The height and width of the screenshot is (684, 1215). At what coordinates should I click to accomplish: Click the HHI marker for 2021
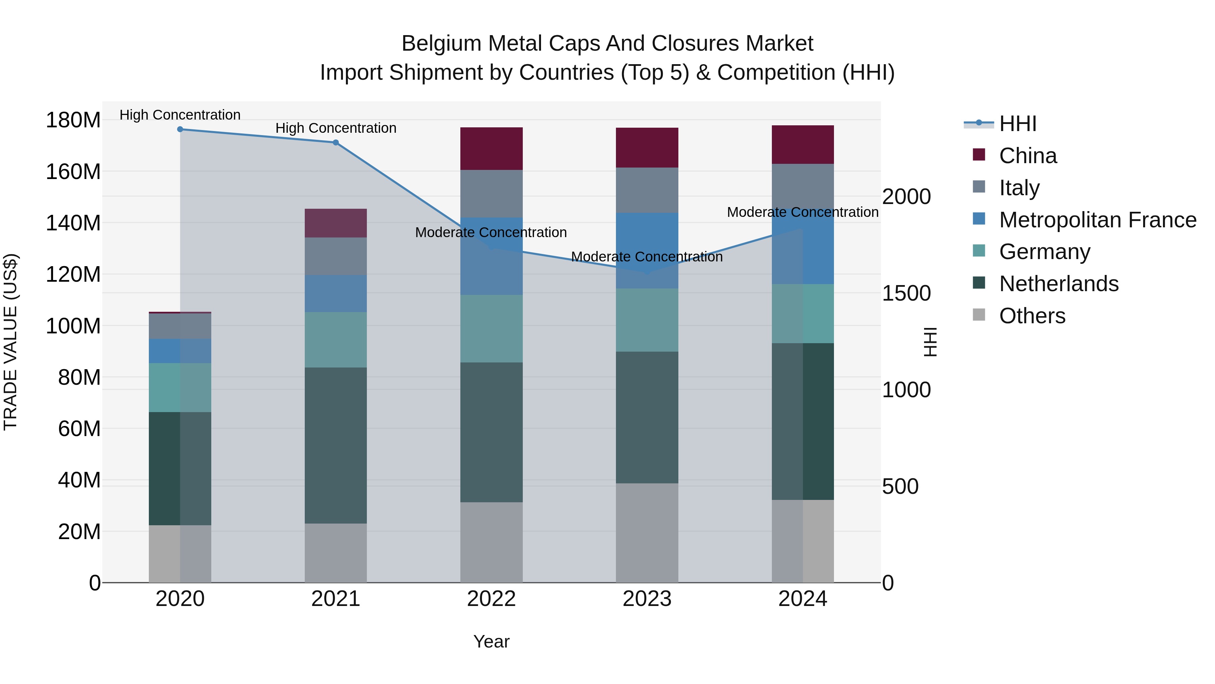point(336,143)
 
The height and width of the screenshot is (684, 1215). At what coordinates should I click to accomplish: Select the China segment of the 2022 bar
point(491,149)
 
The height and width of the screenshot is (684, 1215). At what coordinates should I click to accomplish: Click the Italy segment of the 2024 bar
point(803,186)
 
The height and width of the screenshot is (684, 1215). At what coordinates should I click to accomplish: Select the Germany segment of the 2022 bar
point(491,329)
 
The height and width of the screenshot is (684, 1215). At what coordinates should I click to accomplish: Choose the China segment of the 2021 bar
point(336,223)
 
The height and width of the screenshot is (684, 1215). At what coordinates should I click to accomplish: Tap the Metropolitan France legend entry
point(1098,220)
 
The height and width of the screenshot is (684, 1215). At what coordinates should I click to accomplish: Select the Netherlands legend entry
point(1058,284)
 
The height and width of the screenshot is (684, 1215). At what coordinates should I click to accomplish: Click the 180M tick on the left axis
point(73,120)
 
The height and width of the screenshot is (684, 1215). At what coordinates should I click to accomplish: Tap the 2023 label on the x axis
point(647,599)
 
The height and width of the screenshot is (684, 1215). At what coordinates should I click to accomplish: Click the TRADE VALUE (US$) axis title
point(10,342)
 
